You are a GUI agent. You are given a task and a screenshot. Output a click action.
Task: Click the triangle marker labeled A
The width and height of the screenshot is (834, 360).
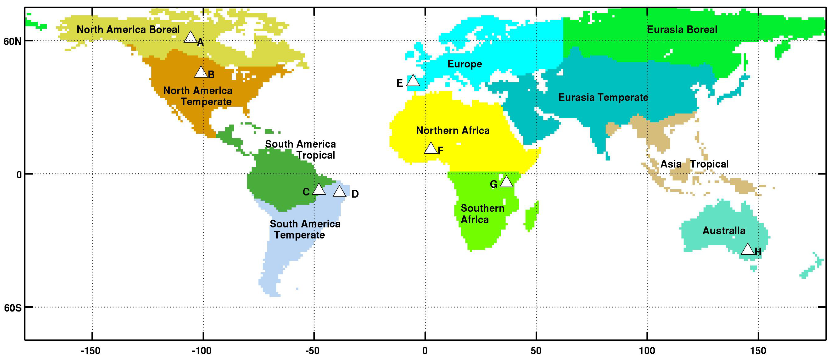pyautogui.click(x=190, y=38)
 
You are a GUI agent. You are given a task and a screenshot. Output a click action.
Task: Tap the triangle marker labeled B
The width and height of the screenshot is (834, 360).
pyautogui.click(x=201, y=73)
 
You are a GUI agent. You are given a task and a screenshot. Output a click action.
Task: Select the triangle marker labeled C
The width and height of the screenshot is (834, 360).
pyautogui.click(x=319, y=189)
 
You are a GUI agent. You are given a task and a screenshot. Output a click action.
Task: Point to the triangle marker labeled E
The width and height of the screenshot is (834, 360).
pyautogui.click(x=413, y=81)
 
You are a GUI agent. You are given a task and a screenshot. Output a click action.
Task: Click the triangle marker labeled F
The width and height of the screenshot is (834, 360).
pyautogui.click(x=431, y=149)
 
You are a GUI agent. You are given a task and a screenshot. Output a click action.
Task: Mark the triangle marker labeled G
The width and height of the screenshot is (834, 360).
pyautogui.click(x=506, y=182)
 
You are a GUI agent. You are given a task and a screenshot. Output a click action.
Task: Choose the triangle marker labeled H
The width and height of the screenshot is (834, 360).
pyautogui.click(x=747, y=250)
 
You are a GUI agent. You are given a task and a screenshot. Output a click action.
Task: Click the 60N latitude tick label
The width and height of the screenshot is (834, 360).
pyautogui.click(x=13, y=42)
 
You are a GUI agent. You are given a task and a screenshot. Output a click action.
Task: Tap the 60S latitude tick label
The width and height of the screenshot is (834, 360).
pyautogui.click(x=13, y=308)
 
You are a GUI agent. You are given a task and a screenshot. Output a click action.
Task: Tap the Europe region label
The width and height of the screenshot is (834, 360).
pyautogui.click(x=465, y=64)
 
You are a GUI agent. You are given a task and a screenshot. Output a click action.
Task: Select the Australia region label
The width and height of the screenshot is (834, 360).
pyautogui.click(x=724, y=231)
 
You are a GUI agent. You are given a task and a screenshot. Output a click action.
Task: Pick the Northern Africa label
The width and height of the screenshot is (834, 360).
pyautogui.click(x=453, y=131)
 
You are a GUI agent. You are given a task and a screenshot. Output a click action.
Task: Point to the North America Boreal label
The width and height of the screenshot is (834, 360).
pyautogui.click(x=128, y=30)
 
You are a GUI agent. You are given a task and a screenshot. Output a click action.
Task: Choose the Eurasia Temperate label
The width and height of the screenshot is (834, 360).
pyautogui.click(x=603, y=97)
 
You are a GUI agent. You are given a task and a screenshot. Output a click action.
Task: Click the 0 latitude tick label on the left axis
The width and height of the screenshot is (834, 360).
pyautogui.click(x=19, y=175)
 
